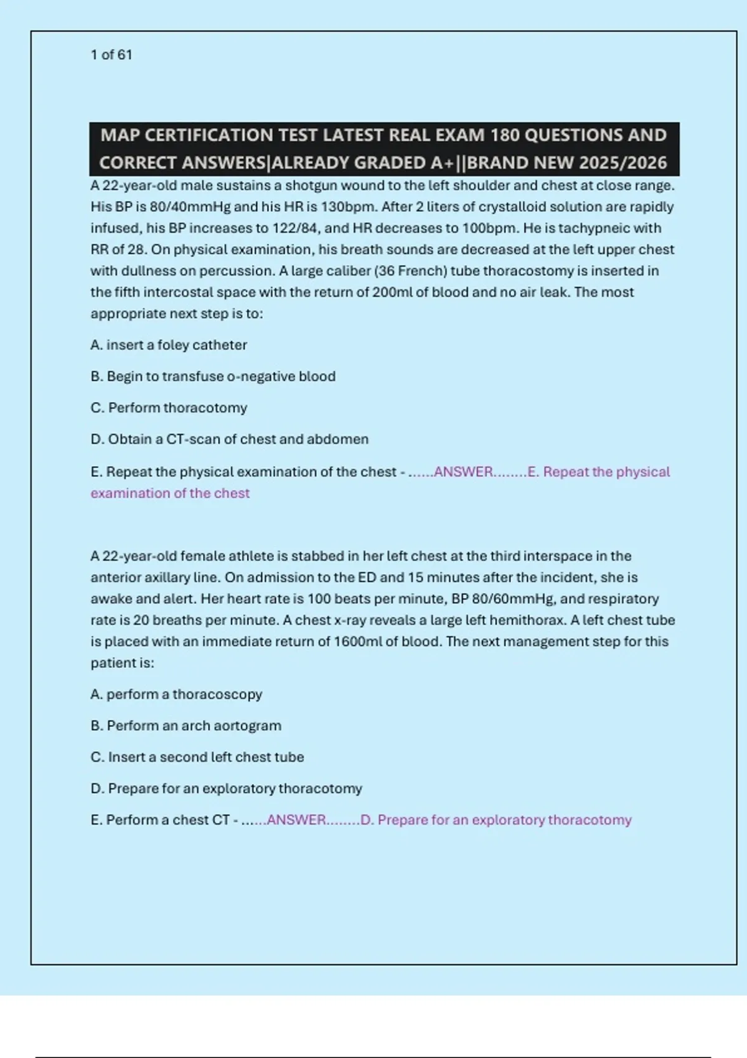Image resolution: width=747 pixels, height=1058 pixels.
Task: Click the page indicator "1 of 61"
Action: pyautogui.click(x=111, y=55)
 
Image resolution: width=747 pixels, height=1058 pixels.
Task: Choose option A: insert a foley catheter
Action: pyautogui.click(x=169, y=345)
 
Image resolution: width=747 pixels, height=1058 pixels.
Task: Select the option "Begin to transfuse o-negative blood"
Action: pyautogui.click(x=213, y=377)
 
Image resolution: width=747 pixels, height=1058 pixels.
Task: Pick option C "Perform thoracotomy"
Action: pyautogui.click(x=169, y=408)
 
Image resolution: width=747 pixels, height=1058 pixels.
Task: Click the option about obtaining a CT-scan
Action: pyautogui.click(x=230, y=439)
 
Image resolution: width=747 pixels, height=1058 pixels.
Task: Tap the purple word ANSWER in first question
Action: pyautogui.click(x=463, y=472)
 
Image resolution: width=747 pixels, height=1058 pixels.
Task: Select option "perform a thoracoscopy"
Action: pyautogui.click(x=176, y=695)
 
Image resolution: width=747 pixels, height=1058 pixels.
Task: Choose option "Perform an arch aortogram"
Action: pyautogui.click(x=186, y=726)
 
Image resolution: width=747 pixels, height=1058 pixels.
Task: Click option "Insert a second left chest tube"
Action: pyautogui.click(x=197, y=757)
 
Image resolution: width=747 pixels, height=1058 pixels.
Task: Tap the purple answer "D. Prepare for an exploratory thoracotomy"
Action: pyautogui.click(x=496, y=820)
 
